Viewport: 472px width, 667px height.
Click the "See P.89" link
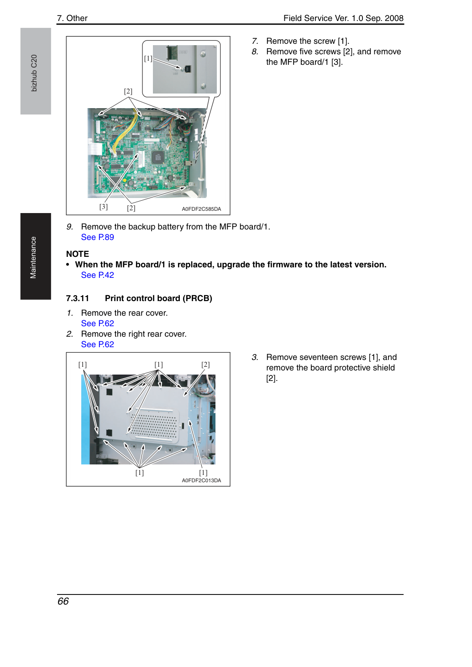pos(97,237)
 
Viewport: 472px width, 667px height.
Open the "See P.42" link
pos(97,275)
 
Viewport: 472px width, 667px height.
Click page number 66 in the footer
pos(63,601)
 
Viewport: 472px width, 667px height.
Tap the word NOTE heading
pos(78,254)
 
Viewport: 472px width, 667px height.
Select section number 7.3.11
pos(78,298)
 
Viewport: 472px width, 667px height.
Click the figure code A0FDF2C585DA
pos(201,209)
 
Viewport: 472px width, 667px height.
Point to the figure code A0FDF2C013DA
pos(201,480)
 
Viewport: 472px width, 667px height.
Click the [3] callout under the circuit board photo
pos(104,207)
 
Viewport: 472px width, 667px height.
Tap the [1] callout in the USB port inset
pos(148,58)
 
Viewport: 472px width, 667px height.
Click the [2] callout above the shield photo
pos(205,365)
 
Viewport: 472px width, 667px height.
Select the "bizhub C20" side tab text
pos(34,73)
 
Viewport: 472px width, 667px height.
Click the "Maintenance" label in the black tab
pos(33,258)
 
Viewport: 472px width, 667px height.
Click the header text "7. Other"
pos(73,18)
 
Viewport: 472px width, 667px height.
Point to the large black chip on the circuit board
pos(157,157)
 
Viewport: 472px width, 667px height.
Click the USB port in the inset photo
pos(188,69)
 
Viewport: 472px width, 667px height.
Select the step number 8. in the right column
pos(255,52)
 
